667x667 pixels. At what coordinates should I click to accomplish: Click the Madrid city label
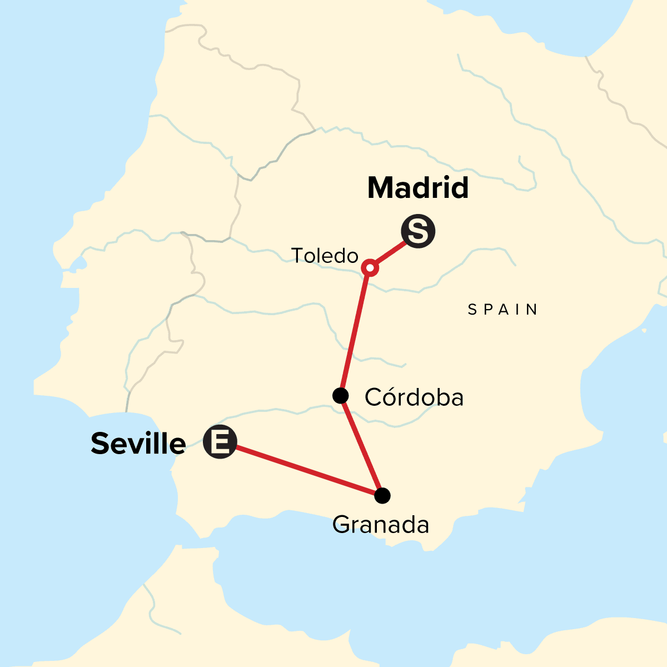tap(418, 188)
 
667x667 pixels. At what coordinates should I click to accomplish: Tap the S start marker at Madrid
tap(418, 232)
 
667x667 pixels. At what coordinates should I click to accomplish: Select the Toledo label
tap(325, 256)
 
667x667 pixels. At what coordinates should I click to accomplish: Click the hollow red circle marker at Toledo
tap(370, 268)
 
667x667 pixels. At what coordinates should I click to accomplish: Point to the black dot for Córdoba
tap(340, 396)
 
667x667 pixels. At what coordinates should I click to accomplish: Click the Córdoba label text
tap(414, 397)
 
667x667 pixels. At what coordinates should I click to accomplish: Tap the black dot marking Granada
tap(382, 495)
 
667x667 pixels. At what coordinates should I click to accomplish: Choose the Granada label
tap(381, 525)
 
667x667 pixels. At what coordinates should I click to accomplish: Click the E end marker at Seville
tap(220, 442)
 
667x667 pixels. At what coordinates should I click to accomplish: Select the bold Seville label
tap(138, 444)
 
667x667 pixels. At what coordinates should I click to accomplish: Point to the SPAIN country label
tap(503, 310)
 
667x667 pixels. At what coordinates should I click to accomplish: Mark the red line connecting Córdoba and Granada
tap(361, 446)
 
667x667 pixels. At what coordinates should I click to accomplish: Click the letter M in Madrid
tap(380, 188)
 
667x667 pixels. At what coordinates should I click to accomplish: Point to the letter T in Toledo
tap(297, 256)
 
